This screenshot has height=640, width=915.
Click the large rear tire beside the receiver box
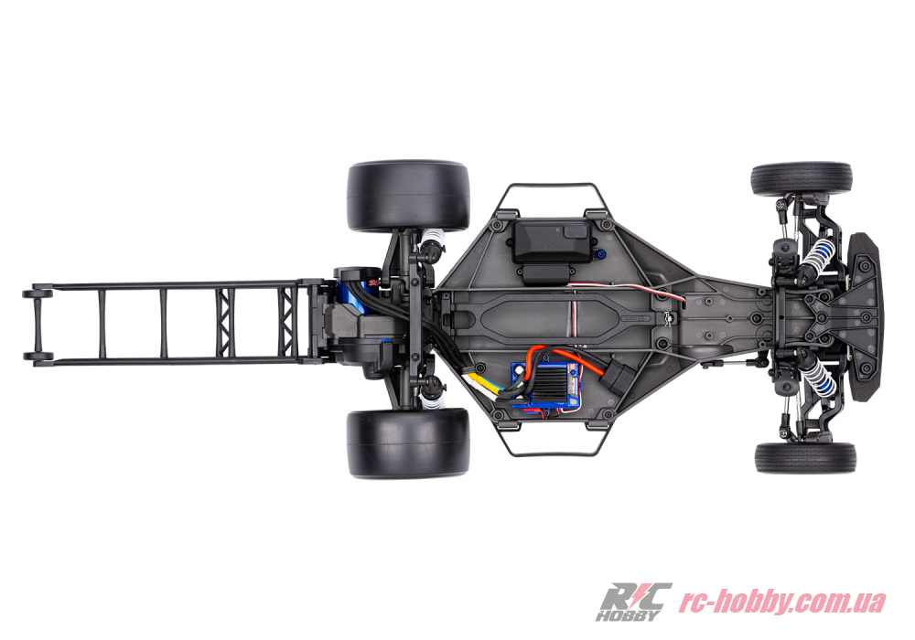[408, 196]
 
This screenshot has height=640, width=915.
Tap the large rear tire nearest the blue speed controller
[408, 443]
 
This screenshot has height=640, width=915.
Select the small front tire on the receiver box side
[802, 178]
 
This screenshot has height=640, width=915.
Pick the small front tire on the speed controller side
[804, 457]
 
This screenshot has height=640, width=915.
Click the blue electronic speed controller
[545, 385]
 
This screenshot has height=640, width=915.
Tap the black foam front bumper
[865, 317]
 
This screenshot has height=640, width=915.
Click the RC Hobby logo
[633, 602]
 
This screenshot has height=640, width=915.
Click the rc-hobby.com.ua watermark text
[782, 602]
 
